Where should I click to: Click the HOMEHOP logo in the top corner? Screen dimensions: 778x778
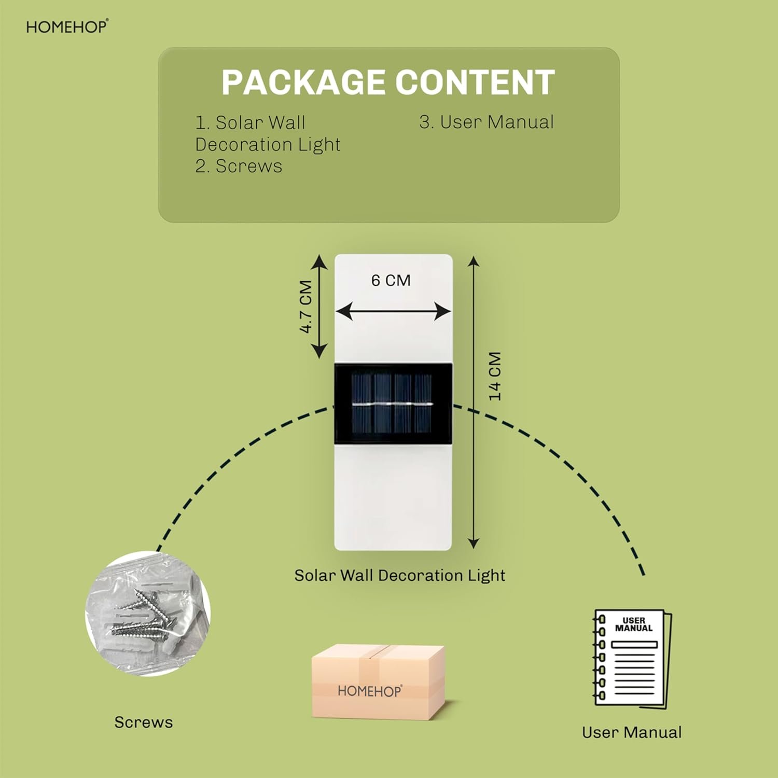click(67, 26)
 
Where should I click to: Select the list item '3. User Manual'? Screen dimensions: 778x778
click(487, 122)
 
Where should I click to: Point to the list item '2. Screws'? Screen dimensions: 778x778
click(239, 166)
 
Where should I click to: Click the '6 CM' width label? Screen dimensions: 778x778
click(391, 281)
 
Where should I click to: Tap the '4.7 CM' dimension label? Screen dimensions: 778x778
click(306, 307)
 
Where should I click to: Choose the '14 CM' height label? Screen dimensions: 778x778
click(495, 376)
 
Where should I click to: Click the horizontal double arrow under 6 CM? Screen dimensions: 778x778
click(393, 312)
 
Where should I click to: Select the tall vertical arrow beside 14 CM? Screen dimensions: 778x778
click(473, 402)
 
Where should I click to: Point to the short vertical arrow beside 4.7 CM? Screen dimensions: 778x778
click(319, 307)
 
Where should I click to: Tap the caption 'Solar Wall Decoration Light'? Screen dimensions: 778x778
click(399, 575)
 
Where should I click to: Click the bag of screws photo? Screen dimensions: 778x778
click(148, 614)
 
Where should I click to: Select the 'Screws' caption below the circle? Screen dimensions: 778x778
click(144, 722)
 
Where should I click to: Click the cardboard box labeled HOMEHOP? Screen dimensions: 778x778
click(378, 682)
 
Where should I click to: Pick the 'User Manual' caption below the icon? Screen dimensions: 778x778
click(632, 732)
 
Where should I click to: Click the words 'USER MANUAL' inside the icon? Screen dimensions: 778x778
click(634, 624)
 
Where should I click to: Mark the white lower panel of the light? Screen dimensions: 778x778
click(393, 497)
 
